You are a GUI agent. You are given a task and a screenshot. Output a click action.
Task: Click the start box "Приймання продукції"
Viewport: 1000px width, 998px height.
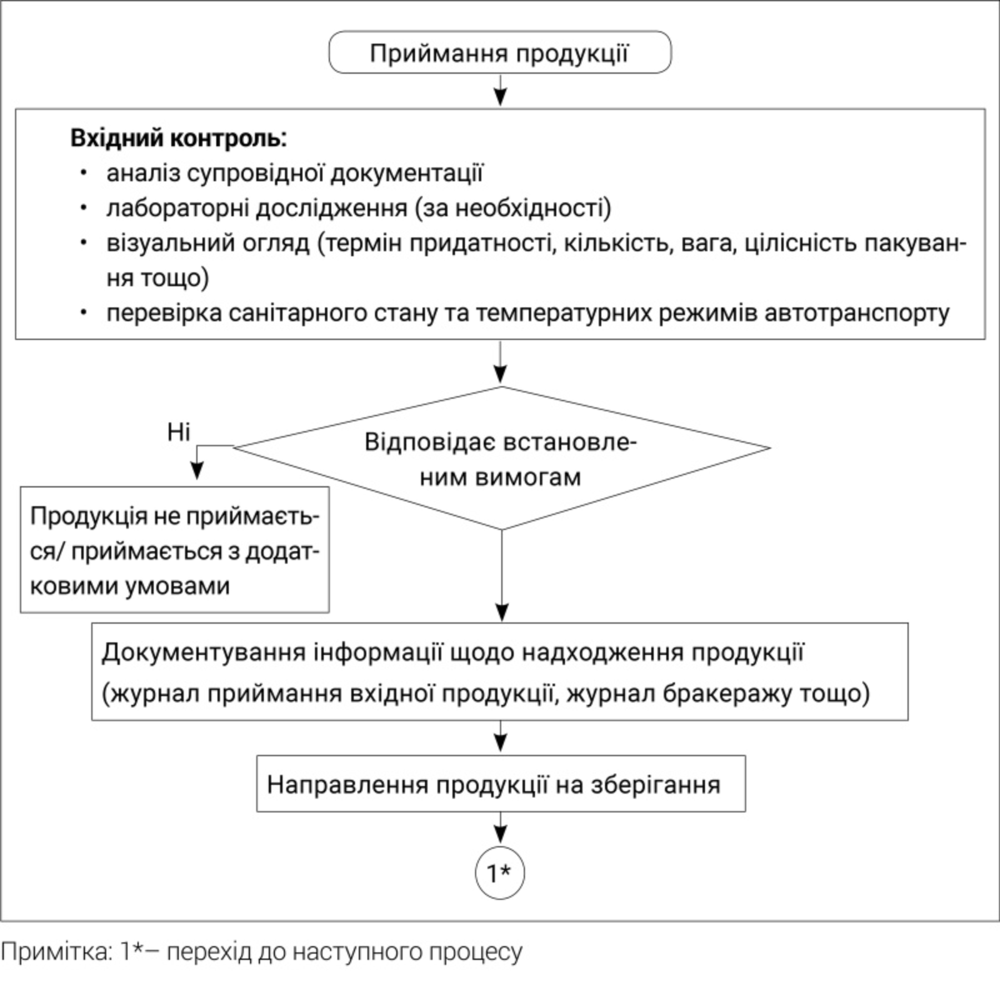[500, 52]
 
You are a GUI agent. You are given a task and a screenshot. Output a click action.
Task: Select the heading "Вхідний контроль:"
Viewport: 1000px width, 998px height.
[179, 138]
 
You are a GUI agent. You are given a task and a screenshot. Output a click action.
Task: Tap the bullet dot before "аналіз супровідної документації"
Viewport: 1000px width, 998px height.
[84, 172]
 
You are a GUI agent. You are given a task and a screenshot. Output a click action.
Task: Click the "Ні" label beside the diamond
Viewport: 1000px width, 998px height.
[179, 432]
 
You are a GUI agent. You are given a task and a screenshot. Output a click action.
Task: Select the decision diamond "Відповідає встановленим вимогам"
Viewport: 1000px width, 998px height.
[501, 458]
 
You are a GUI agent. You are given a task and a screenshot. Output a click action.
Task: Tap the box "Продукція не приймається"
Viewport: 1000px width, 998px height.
[175, 550]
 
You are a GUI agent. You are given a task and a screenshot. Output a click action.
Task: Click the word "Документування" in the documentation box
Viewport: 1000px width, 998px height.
[204, 652]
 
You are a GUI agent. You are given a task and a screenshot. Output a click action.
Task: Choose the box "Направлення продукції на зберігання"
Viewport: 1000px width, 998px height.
[501, 784]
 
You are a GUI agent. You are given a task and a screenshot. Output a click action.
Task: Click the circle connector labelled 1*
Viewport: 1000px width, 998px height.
[500, 873]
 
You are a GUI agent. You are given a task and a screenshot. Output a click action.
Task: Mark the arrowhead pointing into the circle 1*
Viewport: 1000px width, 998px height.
[500, 835]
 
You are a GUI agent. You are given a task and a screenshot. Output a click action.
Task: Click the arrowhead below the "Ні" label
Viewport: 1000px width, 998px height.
[197, 471]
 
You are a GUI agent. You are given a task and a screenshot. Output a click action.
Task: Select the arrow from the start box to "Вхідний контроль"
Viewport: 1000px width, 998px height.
[500, 91]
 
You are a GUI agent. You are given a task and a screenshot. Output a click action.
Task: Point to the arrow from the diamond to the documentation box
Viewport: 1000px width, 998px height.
[502, 576]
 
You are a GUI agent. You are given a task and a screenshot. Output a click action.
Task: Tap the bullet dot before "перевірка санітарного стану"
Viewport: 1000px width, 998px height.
[84, 312]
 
